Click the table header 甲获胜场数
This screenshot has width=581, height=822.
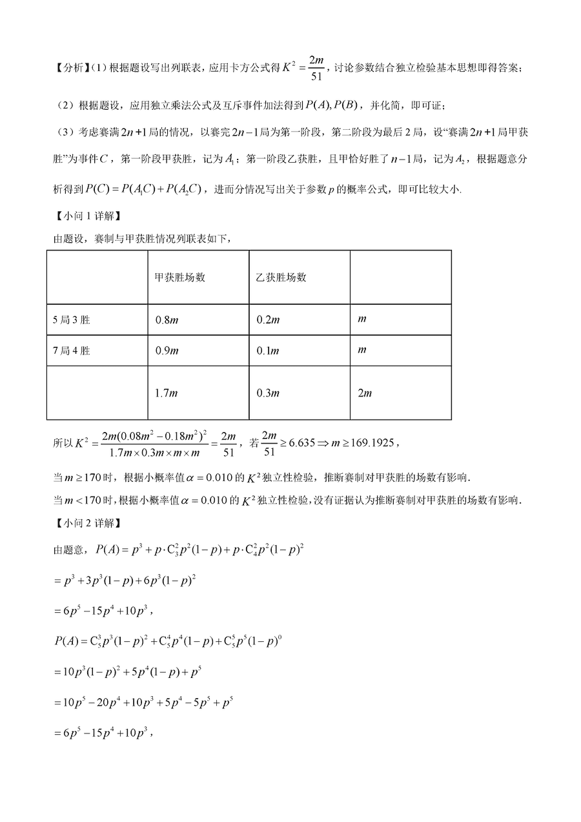(179, 277)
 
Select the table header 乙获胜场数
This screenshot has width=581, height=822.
(281, 277)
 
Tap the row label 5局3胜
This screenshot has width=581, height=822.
(72, 320)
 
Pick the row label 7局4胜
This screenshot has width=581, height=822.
(72, 351)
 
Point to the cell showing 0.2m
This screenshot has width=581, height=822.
(267, 320)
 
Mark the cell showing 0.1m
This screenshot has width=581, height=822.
(267, 351)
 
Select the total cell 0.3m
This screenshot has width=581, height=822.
(267, 393)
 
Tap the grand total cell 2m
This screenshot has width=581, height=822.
(365, 393)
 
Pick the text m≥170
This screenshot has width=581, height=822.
(79, 478)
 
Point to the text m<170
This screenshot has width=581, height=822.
(79, 500)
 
